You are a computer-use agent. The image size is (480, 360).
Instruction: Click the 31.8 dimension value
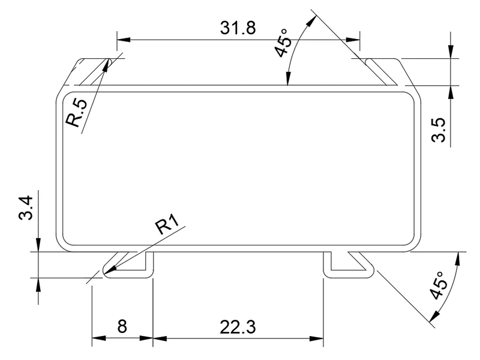tap(238, 28)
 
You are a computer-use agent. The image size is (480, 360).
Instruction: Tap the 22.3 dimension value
tap(238, 327)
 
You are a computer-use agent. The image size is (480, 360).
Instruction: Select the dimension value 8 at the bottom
tap(122, 326)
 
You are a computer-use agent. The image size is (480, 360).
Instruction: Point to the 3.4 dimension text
tap(26, 208)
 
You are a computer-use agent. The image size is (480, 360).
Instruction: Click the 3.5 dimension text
tap(438, 130)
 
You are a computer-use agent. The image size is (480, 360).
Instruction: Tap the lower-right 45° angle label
tap(439, 286)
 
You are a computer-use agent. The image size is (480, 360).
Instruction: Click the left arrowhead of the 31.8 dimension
tap(124, 40)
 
